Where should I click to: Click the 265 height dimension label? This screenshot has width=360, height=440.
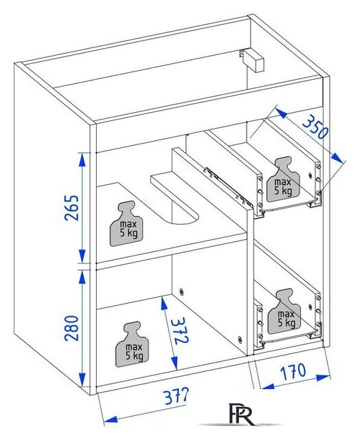71,208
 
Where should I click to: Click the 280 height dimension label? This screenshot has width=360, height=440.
71,328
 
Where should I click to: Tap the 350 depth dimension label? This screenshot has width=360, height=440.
315,126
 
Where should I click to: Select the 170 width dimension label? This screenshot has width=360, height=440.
293,371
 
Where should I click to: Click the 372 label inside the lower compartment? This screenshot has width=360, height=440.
179,331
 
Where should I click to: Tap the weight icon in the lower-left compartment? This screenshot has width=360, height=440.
133,344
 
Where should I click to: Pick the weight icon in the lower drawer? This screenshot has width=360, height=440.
284,311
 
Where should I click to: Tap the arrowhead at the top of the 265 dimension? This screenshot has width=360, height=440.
82,160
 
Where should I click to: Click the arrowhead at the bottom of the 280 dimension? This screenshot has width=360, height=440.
82,379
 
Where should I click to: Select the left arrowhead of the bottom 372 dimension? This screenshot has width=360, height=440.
110,420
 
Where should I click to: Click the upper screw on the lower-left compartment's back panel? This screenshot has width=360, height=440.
181,291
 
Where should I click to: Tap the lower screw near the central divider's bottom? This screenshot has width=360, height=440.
240,339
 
